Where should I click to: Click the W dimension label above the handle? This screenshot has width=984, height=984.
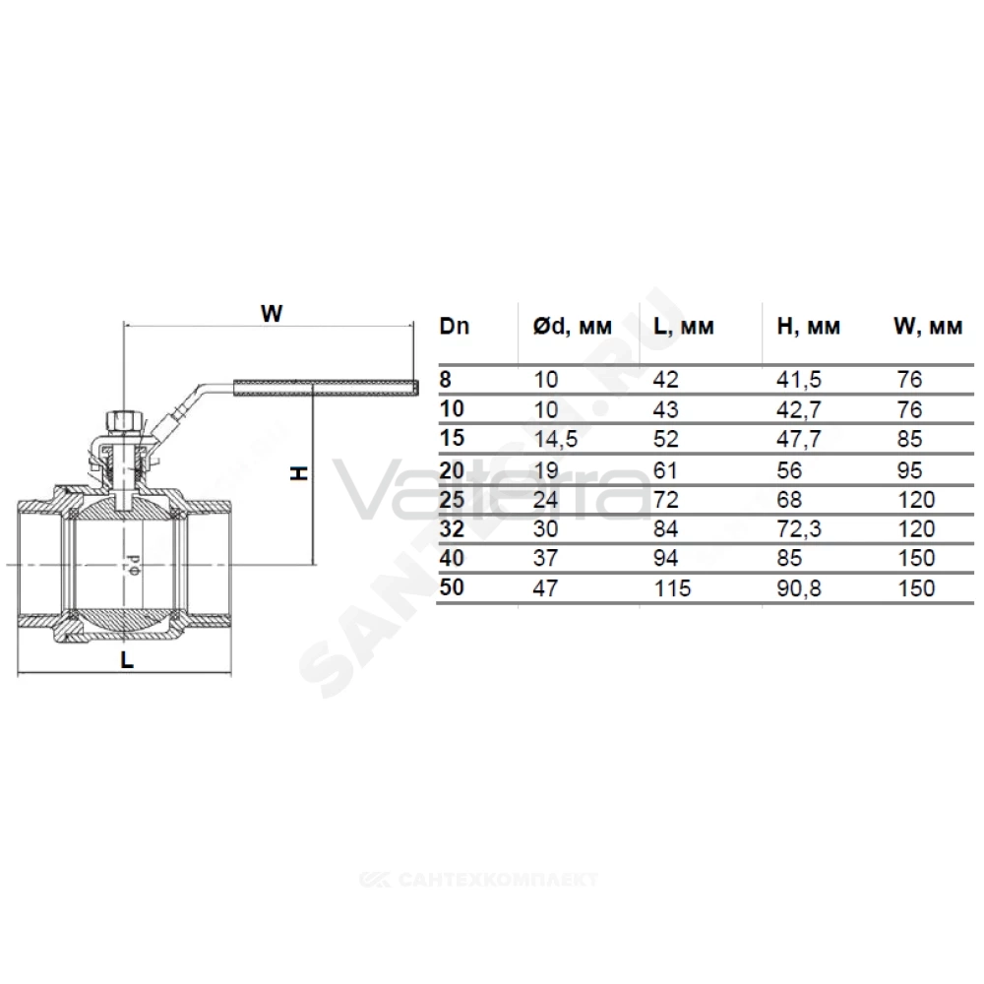[x=272, y=313]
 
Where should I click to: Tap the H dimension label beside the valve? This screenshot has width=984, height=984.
[x=299, y=473]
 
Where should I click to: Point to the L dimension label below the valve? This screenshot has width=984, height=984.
[x=127, y=659]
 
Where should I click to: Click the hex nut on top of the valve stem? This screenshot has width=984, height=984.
[x=124, y=420]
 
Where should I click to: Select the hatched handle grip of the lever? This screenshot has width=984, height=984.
[x=326, y=387]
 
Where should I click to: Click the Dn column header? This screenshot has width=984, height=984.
[x=455, y=327]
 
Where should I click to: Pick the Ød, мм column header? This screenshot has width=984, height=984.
[x=573, y=327]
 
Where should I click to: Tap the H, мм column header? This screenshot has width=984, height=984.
[x=808, y=327]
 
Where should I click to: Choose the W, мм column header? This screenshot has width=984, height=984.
[x=928, y=327]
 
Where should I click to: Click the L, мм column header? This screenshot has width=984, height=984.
[x=684, y=327]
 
